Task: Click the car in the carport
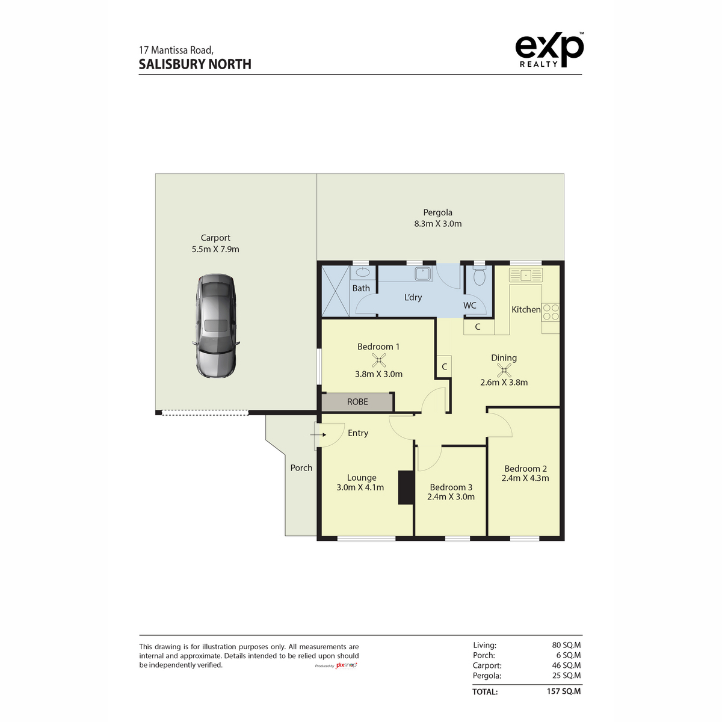(x=216, y=326)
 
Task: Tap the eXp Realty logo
(x=549, y=50)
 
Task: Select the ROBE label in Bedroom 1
(x=357, y=402)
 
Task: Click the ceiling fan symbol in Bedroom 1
(x=379, y=360)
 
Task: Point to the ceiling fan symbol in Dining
(x=504, y=370)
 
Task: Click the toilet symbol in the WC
(x=479, y=276)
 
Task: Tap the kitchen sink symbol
(x=526, y=274)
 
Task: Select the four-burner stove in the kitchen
(x=551, y=312)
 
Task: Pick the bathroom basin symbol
(x=362, y=272)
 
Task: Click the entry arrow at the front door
(x=318, y=434)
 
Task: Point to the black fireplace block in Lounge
(x=406, y=487)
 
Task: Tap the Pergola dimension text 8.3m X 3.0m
(x=437, y=224)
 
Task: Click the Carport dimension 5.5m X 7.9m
(x=215, y=249)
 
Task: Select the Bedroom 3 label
(x=451, y=487)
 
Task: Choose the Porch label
(x=301, y=467)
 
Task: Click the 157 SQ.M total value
(x=564, y=691)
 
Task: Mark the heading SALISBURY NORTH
(x=195, y=64)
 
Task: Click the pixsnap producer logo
(x=346, y=665)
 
